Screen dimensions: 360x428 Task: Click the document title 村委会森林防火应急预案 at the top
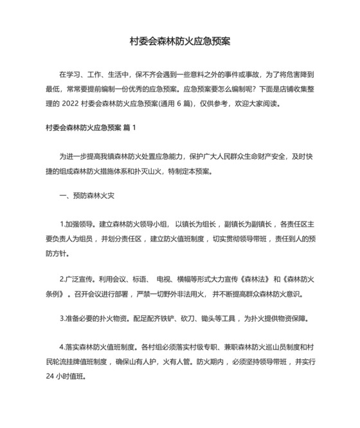point(180,41)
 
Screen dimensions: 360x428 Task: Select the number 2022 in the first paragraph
point(75,104)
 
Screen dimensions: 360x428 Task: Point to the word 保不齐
point(146,73)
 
